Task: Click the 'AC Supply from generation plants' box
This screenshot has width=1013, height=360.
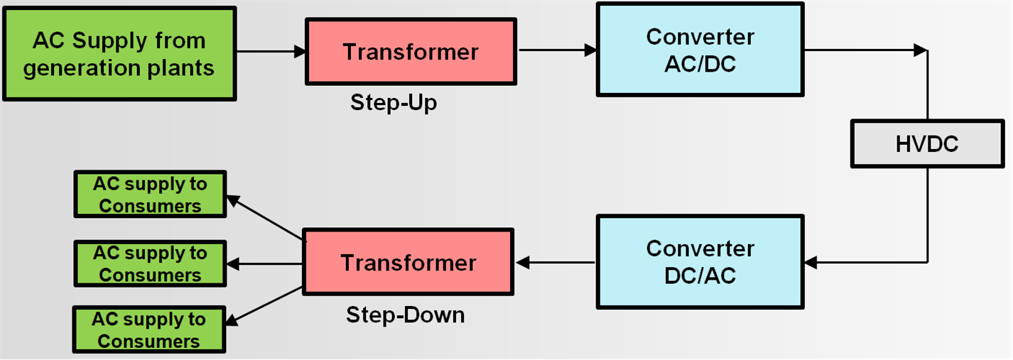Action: point(119,53)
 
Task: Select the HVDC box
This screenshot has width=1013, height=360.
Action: point(926,145)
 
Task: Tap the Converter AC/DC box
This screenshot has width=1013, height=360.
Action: point(700,50)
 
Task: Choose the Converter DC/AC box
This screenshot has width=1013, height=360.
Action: point(700,261)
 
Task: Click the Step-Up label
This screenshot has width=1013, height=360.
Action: point(394,103)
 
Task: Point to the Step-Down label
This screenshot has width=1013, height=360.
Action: point(405,315)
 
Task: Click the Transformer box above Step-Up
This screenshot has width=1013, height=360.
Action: point(411,52)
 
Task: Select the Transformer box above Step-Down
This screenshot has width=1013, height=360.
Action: point(408,263)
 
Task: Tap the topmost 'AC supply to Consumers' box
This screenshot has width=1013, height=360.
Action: point(150,194)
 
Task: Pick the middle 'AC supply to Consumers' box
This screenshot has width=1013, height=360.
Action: point(150,263)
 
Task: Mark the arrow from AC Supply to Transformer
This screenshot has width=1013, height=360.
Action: point(270,51)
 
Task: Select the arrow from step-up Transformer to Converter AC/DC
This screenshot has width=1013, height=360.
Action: point(557,50)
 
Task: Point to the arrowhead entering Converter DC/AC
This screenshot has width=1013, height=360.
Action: point(811,263)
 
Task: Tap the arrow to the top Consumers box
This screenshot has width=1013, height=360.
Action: point(266,219)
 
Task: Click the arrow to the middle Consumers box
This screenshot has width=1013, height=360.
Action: point(266,263)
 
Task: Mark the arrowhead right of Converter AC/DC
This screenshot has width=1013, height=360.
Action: point(921,50)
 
